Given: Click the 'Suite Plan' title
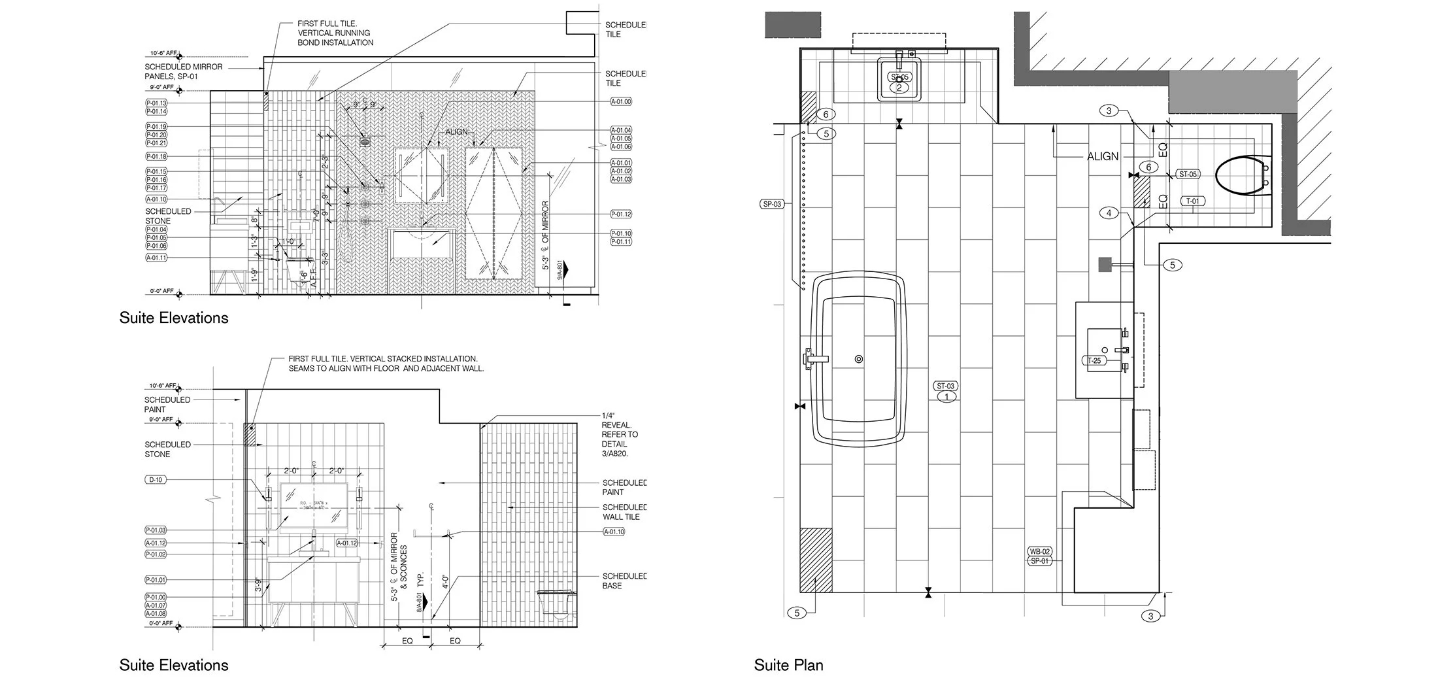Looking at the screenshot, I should [788, 665].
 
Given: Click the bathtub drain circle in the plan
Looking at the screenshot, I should [859, 359].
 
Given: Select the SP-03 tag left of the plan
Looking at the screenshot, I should [772, 204].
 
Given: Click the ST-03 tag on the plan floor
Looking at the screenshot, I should [946, 386].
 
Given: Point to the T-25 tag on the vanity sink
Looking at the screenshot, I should [1094, 360].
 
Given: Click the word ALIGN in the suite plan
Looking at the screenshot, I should [1103, 156].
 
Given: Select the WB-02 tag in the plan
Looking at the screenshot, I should [1040, 551].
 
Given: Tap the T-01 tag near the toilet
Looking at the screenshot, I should [1193, 201].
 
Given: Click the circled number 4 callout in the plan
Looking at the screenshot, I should [1109, 212].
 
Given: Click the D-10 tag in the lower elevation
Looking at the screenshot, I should [156, 480].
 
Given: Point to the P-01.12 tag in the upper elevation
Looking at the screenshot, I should [621, 214].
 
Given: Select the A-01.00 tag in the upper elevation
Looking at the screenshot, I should [621, 101].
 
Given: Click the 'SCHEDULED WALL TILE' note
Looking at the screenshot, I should [624, 512].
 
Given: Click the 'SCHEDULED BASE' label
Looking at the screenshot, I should [624, 581].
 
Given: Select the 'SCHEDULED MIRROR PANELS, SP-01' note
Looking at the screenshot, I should [184, 71].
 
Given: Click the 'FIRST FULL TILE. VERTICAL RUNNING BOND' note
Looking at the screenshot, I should [335, 33].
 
